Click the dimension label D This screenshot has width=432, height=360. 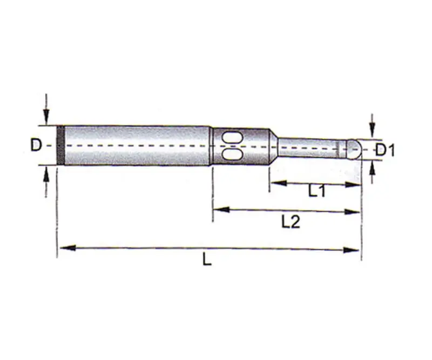click(36, 145)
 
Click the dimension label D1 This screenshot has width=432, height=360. click(386, 150)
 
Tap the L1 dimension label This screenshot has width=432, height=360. click(316, 191)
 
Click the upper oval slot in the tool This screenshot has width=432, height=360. click(232, 137)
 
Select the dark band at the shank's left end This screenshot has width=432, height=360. click(60, 145)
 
